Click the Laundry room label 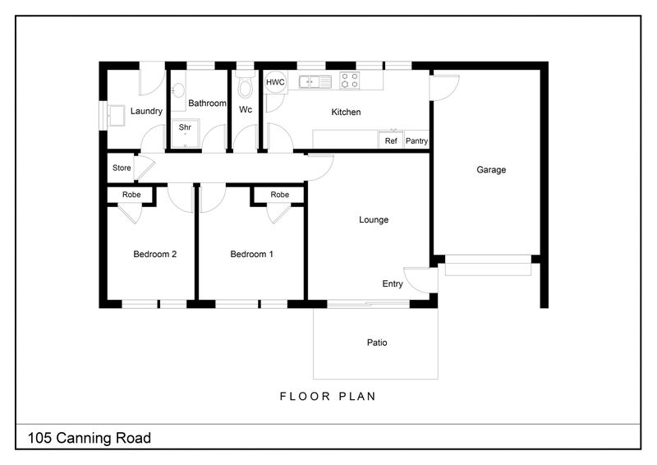point(146,112)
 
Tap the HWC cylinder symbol point(274,82)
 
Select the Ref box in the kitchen point(392,140)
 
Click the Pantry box point(416,140)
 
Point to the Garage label point(491,170)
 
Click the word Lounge point(374,220)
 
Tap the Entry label point(393,284)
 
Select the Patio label point(377,343)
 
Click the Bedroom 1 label point(251,255)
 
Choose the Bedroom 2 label point(155,255)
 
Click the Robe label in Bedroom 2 point(131,195)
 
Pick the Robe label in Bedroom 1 point(280,195)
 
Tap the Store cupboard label point(122,168)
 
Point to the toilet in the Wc point(244,86)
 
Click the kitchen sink point(315,81)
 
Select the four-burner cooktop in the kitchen point(350,81)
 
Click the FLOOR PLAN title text point(328,396)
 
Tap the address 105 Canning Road point(90,438)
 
